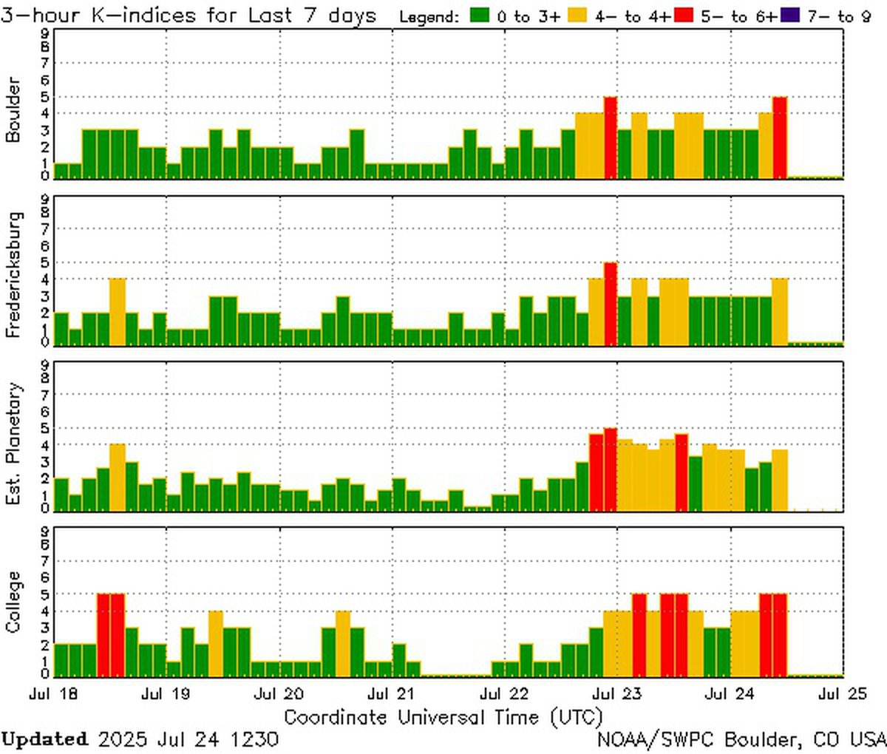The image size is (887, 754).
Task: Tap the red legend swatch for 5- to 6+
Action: tap(684, 16)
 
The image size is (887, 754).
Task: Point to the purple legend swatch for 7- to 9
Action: tap(790, 16)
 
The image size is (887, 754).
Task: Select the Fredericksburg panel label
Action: tap(13, 275)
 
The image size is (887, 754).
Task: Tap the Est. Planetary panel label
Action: tap(13, 444)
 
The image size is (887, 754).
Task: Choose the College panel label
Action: tap(13, 602)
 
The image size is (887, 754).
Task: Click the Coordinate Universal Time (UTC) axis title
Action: tap(443, 717)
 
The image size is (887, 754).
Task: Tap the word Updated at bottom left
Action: tap(44, 739)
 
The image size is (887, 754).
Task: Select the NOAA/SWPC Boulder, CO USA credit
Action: tap(741, 739)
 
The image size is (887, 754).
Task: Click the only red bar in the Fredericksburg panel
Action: tap(610, 304)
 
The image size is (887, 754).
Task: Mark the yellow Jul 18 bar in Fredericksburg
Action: tap(118, 311)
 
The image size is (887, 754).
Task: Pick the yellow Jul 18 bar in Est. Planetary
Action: tap(118, 477)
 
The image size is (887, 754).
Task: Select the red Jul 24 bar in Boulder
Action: tap(780, 137)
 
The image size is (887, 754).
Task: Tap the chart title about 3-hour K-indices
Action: tap(188, 16)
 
